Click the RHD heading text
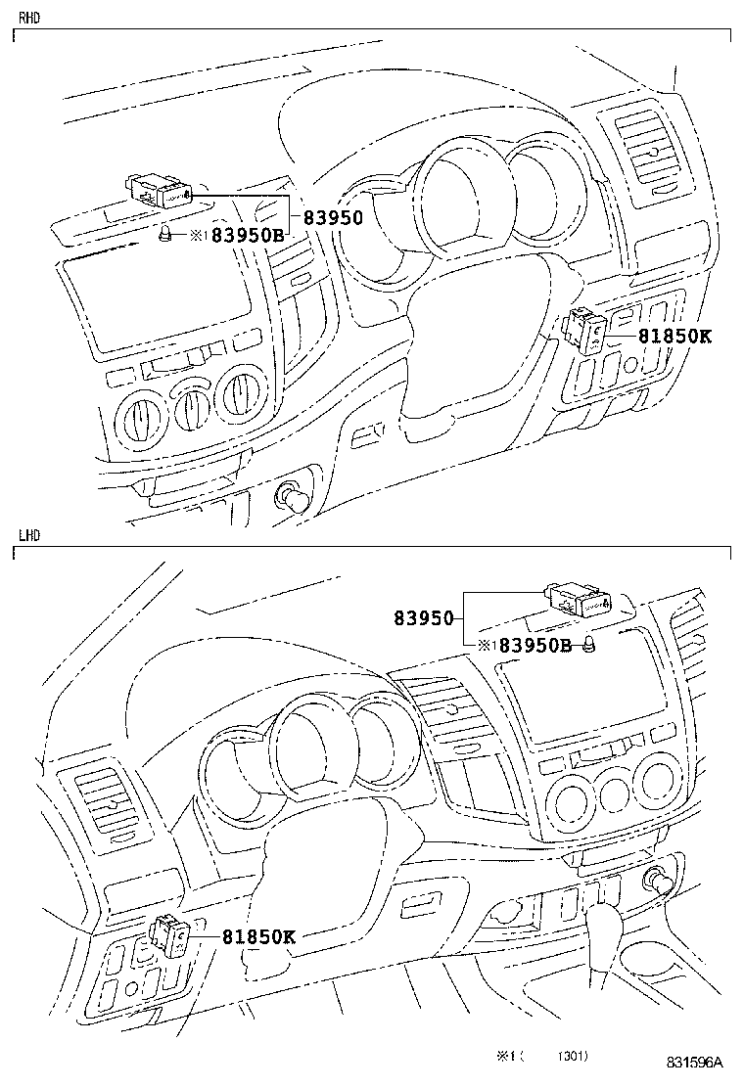pos(28,18)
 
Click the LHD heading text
pos(28,536)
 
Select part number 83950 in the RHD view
pos(332,218)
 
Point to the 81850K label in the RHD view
pos(674,336)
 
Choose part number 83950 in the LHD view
pos(424,618)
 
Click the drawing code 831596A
pos(695,1063)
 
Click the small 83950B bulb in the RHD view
pos(167,235)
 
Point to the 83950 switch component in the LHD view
pos(579,600)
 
